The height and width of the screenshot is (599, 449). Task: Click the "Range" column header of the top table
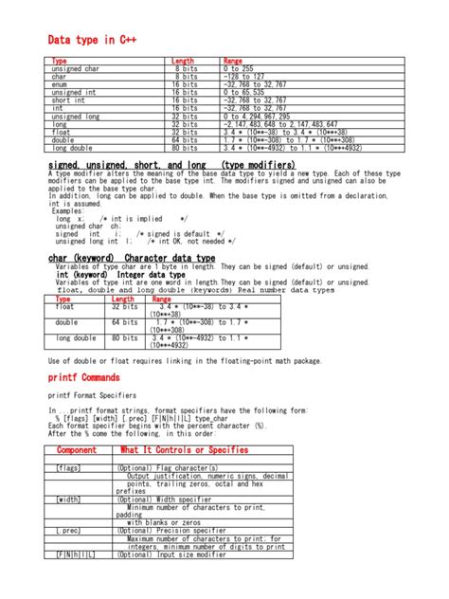(233, 61)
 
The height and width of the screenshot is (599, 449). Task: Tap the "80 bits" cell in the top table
(185, 149)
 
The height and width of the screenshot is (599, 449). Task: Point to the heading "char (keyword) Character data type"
(131, 258)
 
